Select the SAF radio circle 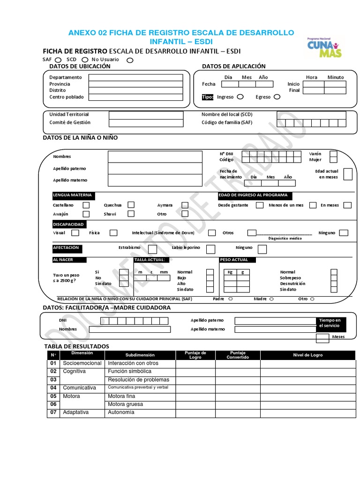coord(58,60)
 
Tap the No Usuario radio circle coord(130,60)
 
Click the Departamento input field coord(135,77)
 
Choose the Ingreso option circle coord(240,97)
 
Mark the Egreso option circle coord(277,97)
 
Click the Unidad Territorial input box coord(146,114)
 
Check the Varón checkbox coord(333,154)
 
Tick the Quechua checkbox coord(131,205)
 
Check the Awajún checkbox coord(86,214)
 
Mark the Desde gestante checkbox coord(259,205)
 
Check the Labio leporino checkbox coord(211,248)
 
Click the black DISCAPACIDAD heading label coord(68,225)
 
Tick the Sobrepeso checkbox coord(334,278)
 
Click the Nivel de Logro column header coord(307,355)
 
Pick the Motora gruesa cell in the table coord(140,404)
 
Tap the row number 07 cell coord(53,412)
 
